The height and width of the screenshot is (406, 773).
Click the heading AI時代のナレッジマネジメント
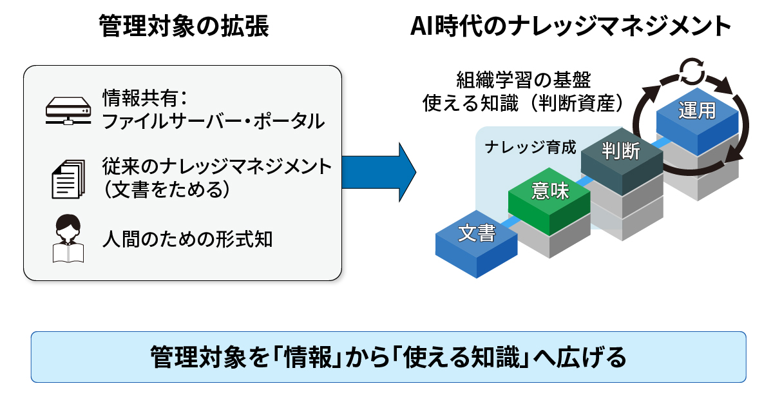point(571,27)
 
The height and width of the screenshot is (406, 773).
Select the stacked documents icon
point(67,179)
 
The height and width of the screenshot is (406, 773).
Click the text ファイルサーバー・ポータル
point(213,121)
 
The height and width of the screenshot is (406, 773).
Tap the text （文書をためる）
point(166,191)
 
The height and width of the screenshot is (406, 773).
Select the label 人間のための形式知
point(187,239)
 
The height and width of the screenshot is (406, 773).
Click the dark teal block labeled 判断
point(621,151)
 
